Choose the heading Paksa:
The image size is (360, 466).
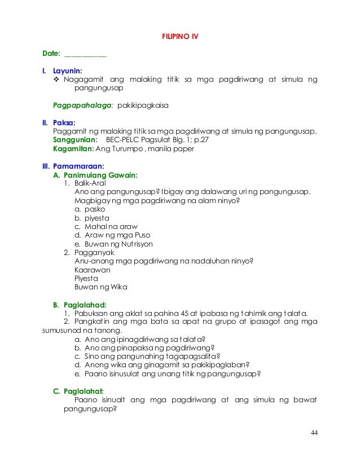tap(64, 122)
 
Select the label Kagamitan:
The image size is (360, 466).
tap(73, 148)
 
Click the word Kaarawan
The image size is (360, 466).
tap(93, 270)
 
